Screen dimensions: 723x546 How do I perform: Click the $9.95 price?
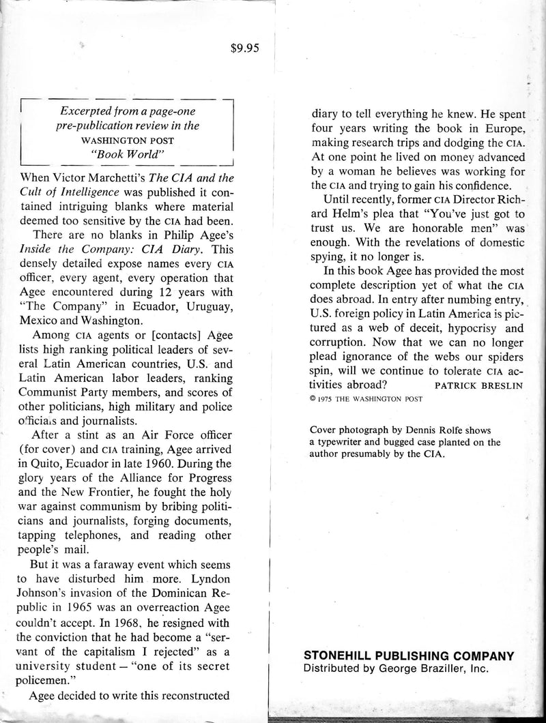pyautogui.click(x=246, y=48)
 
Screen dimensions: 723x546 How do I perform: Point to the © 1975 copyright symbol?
pyautogui.click(x=313, y=400)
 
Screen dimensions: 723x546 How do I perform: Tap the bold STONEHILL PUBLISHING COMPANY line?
pyautogui.click(x=408, y=655)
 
